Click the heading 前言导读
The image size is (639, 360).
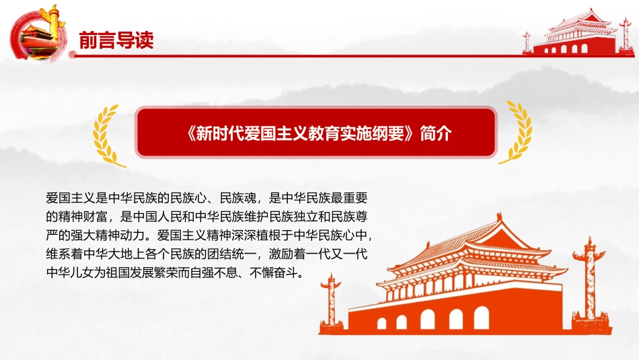coord(116,40)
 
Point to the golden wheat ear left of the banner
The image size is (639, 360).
coord(107,136)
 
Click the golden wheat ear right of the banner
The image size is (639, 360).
coord(517,133)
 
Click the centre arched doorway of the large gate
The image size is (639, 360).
coord(428,319)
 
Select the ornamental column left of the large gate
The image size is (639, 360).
coord(331,301)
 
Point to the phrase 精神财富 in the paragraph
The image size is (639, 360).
coord(83,217)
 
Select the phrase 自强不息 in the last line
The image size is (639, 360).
coord(213,273)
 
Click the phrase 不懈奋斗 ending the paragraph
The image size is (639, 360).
coord(274,273)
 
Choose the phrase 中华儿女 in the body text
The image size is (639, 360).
coord(70,273)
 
